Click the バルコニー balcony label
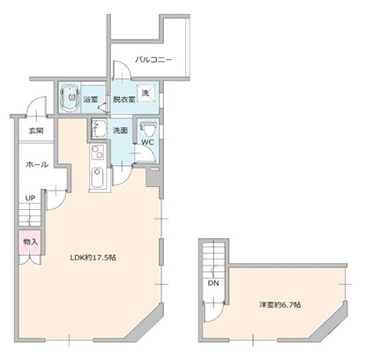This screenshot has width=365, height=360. coord(153,60)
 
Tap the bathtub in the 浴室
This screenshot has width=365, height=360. coord(70,97)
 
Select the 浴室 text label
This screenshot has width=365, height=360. coord(90,100)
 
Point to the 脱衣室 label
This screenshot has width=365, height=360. coord(124,100)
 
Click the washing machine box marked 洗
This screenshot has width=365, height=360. coord(146,93)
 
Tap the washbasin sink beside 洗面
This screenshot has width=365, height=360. coord(100,129)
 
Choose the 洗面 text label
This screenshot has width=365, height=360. coord(120,131)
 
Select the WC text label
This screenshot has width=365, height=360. coord(147,142)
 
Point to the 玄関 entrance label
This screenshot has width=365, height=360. coord(36,131)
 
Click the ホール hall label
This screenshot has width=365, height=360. coord(37,164)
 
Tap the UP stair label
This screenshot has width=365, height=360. coord(30,199)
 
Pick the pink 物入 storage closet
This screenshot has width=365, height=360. coord(29,243)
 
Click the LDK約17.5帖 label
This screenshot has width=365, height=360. coord(93,258)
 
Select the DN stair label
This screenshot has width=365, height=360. coord(213,283)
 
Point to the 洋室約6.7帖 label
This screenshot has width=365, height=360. coord(279,304)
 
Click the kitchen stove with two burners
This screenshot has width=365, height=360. coord(98,152)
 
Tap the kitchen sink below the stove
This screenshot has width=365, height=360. coord(97,177)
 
